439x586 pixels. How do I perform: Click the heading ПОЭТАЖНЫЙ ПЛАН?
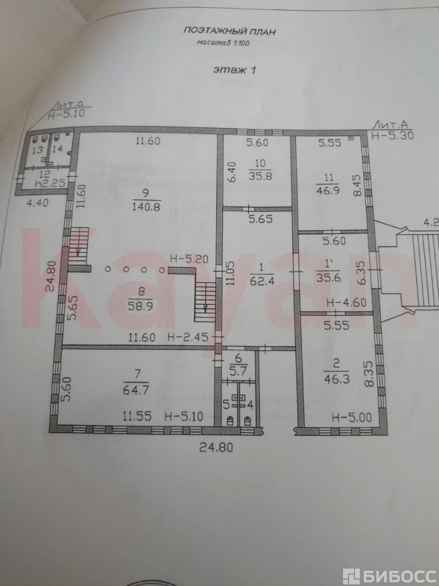point(229,31)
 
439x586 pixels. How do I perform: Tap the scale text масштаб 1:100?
point(223,43)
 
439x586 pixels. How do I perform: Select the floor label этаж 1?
point(235,69)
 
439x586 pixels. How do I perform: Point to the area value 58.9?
point(140,305)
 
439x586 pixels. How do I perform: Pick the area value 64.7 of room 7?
point(136,390)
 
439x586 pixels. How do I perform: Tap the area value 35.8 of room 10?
point(260,175)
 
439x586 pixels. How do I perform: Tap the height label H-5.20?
point(189,258)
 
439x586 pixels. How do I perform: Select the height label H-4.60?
point(346,302)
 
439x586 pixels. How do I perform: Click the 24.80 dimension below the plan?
point(216,447)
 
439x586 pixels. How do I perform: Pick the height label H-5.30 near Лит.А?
point(393,135)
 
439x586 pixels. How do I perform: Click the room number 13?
point(37,150)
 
